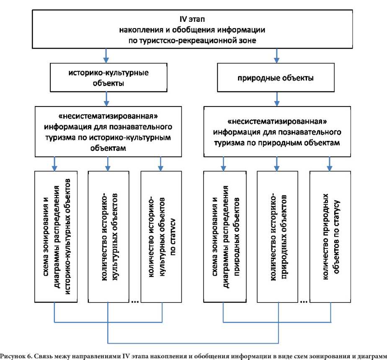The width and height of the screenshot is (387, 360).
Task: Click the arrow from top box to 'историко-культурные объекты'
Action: click(x=106, y=56)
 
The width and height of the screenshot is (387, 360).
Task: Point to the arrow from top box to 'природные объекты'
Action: click(x=277, y=56)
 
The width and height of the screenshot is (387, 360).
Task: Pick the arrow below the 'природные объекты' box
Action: click(x=277, y=99)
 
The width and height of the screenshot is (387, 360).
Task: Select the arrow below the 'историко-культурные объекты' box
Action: click(x=106, y=99)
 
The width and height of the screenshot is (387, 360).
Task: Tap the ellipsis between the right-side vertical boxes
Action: click(x=304, y=301)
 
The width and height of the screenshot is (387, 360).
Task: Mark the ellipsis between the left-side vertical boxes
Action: click(x=135, y=301)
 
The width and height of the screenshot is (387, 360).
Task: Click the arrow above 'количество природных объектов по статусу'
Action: click(x=330, y=164)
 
